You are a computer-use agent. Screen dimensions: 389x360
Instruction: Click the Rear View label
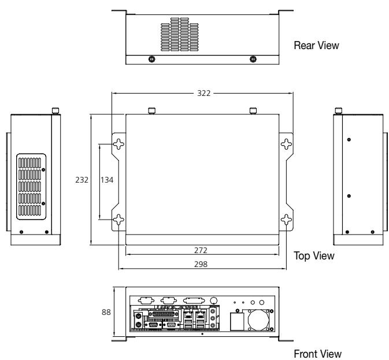pyautogui.click(x=316, y=46)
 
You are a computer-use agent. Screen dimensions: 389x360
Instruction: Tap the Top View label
pyautogui.click(x=314, y=256)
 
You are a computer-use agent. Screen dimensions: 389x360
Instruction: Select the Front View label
pyautogui.click(x=317, y=354)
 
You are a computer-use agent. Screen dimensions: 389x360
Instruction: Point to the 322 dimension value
pyautogui.click(x=203, y=93)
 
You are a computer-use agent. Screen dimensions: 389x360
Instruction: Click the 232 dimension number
pyautogui.click(x=81, y=180)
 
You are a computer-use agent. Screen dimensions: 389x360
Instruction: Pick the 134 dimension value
pyautogui.click(x=107, y=180)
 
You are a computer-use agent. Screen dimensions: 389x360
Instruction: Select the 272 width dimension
pyautogui.click(x=201, y=250)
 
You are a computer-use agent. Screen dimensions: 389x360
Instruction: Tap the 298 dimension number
pyautogui.click(x=201, y=264)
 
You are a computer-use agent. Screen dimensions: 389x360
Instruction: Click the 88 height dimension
pyautogui.click(x=106, y=312)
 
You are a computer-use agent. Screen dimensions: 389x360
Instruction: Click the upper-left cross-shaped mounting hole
pyautogui.click(x=118, y=144)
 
